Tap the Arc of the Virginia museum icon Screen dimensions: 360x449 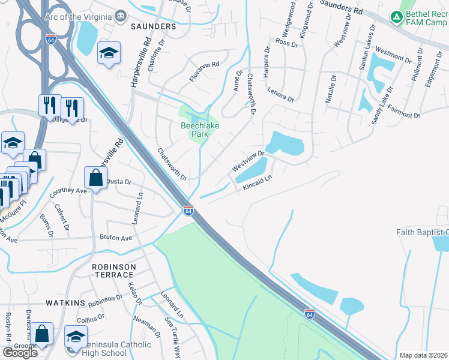pyautogui.click(x=122, y=15)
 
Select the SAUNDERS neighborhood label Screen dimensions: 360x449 pyautogui.click(x=154, y=27)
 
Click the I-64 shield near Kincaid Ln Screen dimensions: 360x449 pyautogui.click(x=188, y=211)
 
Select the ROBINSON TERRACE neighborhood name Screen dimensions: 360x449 pyautogui.click(x=112, y=270)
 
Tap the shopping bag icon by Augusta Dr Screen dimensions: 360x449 pyautogui.click(x=96, y=177)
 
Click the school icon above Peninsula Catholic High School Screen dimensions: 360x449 pyautogui.click(x=76, y=335)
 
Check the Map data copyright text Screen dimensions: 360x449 pyautogui.click(x=422, y=355)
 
